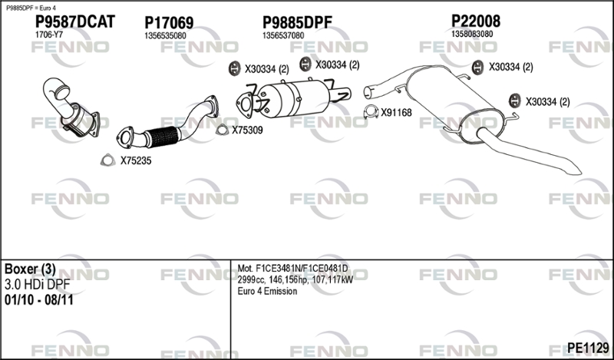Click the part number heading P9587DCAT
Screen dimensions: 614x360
75,21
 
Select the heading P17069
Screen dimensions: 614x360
169,23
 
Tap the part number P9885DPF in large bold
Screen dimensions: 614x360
297,23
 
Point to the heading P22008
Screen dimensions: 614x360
476,21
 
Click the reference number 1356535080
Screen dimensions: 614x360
165,35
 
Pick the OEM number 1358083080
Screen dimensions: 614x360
472,34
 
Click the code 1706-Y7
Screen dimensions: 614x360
49,35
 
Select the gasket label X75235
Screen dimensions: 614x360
136,160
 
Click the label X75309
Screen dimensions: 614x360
247,130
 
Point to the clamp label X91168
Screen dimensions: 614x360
396,113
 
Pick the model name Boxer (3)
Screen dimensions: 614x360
30,269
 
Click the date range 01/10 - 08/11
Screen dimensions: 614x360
39,300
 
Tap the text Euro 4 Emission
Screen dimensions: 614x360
267,292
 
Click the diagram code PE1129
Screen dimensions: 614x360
588,348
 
